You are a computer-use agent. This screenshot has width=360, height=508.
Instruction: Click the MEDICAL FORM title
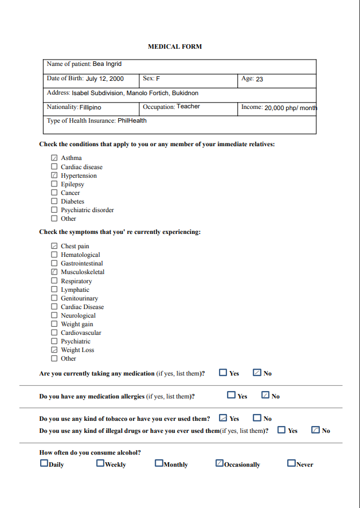tap(175, 46)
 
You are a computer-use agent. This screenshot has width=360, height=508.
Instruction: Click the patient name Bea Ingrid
tap(107, 64)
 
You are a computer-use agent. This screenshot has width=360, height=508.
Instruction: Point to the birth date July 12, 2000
tap(104, 79)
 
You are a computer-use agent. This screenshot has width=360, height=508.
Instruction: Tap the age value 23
tap(259, 79)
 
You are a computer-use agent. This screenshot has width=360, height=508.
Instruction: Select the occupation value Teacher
tap(188, 107)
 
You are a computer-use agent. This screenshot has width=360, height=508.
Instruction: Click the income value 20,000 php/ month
tap(290, 108)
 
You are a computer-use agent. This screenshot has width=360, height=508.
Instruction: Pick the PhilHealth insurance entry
tap(132, 121)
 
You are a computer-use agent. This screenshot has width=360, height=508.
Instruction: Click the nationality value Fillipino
tap(91, 107)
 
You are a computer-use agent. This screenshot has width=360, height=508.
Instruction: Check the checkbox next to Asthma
tap(54, 158)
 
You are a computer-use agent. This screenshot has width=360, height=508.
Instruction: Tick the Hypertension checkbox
tap(54, 175)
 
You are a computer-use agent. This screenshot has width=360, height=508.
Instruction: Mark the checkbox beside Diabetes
tap(54, 201)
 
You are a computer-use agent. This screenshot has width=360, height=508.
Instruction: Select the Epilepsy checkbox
tap(54, 184)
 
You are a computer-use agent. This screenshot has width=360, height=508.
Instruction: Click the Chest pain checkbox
tap(54, 246)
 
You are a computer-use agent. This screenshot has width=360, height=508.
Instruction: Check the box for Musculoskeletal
tap(54, 272)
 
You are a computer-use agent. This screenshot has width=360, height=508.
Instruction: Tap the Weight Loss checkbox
tap(54, 350)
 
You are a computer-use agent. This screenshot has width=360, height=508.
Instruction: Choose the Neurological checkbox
tap(54, 315)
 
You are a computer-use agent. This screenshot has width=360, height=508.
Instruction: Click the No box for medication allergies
tap(265, 395)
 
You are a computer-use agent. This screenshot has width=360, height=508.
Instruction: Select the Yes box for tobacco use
tap(223, 418)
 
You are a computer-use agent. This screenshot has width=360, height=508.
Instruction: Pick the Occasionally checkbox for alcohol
tap(220, 463)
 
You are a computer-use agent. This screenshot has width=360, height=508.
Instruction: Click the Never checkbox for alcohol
tap(291, 463)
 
